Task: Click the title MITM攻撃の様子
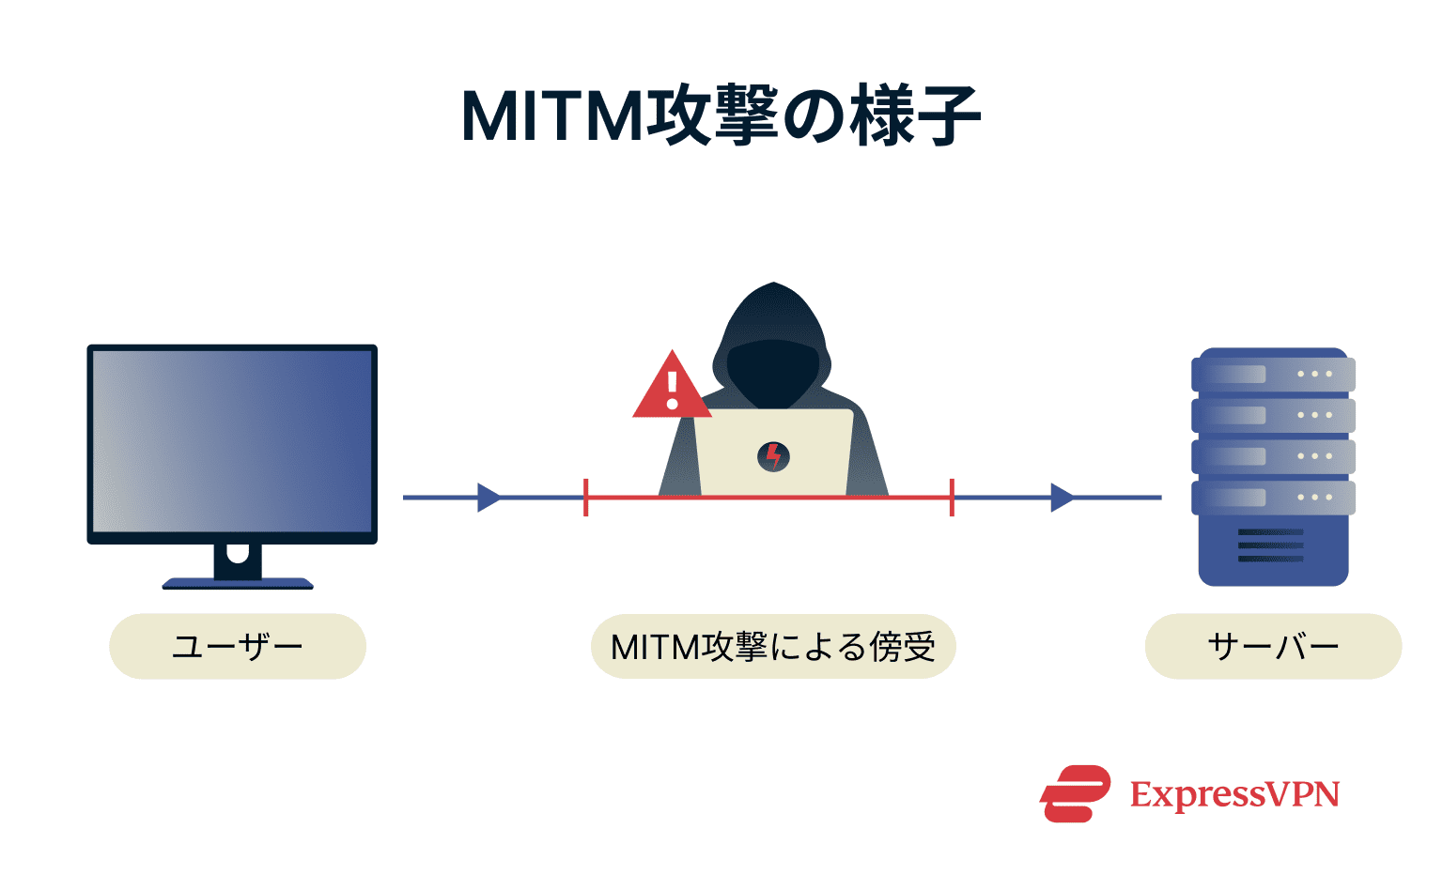pyautogui.click(x=721, y=116)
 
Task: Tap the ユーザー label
pyautogui.click(x=238, y=647)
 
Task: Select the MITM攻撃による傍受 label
pyautogui.click(x=772, y=647)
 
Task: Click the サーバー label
pyautogui.click(x=1273, y=647)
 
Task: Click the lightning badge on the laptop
pyautogui.click(x=773, y=457)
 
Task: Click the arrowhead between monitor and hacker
pyautogui.click(x=489, y=498)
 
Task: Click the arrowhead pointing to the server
pyautogui.click(x=1062, y=498)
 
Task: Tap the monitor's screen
pyautogui.click(x=232, y=441)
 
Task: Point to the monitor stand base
pyautogui.click(x=238, y=583)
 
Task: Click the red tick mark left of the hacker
pyautogui.click(x=586, y=498)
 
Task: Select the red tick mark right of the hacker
pyautogui.click(x=952, y=498)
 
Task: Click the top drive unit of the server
pyautogui.click(x=1273, y=374)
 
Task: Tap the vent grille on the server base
pyautogui.click(x=1270, y=545)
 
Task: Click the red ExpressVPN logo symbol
pyautogui.click(x=1075, y=794)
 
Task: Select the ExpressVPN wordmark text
pyautogui.click(x=1234, y=795)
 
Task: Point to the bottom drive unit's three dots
pyautogui.click(x=1314, y=498)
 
